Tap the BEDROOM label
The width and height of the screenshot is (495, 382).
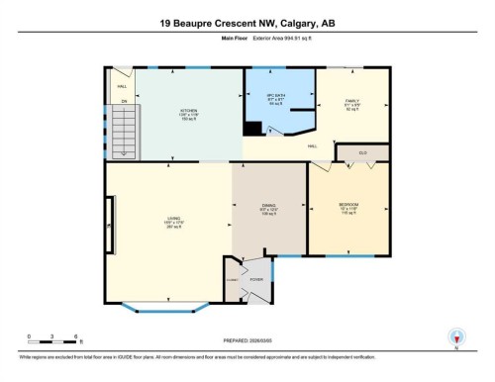pyautogui.click(x=348, y=206)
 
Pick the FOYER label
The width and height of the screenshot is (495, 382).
pyautogui.click(x=256, y=280)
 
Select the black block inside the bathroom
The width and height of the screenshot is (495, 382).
pyautogui.click(x=253, y=128)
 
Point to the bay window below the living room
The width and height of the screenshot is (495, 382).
pyautogui.click(x=158, y=307)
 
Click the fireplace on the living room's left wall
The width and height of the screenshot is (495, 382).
pyautogui.click(x=106, y=229)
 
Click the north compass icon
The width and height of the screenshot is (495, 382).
pyautogui.click(x=455, y=336)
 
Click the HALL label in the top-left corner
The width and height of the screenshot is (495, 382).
pyautogui.click(x=122, y=85)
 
